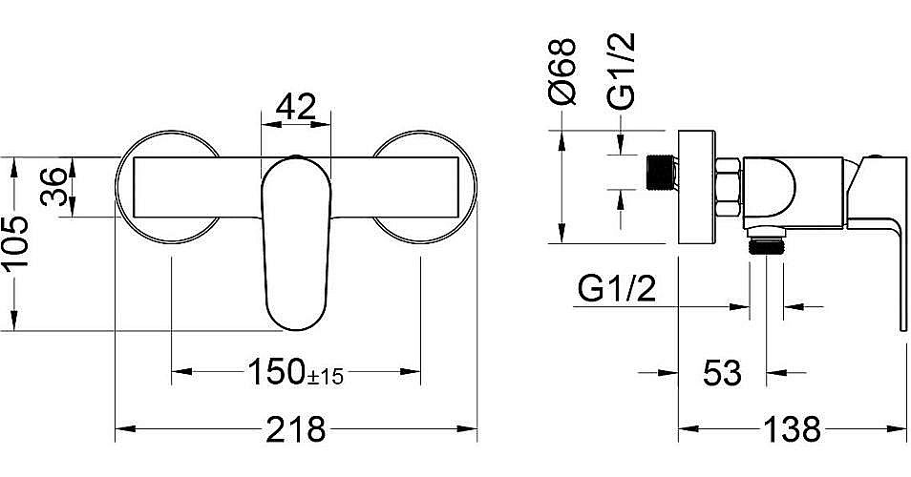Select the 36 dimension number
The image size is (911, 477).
(54, 186)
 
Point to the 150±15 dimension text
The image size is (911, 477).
(296, 372)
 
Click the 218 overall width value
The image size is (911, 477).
(296, 429)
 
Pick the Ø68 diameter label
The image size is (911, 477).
(562, 72)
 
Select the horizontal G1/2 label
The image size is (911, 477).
(617, 288)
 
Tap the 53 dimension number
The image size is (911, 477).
(722, 373)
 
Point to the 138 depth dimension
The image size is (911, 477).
(792, 429)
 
